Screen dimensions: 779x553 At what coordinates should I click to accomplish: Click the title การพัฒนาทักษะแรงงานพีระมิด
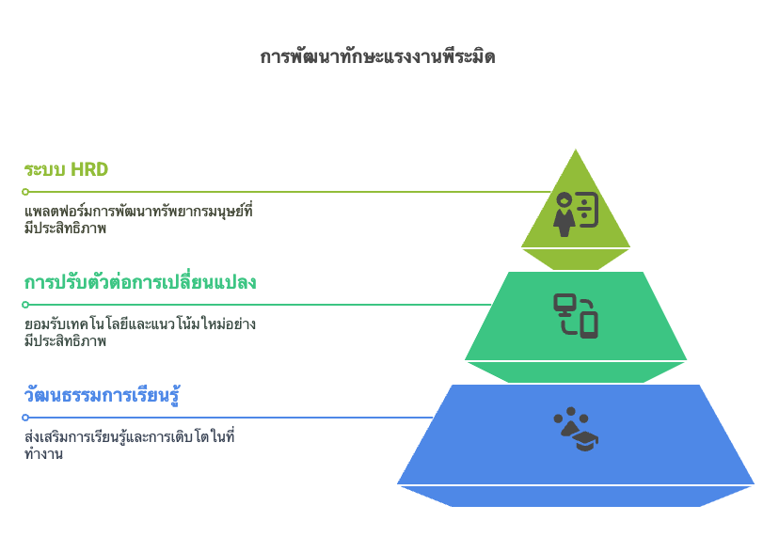pyautogui.click(x=377, y=56)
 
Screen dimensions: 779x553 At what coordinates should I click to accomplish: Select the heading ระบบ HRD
pyautogui.click(x=66, y=170)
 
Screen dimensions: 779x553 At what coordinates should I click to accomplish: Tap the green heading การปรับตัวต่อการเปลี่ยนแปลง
pyautogui.click(x=140, y=281)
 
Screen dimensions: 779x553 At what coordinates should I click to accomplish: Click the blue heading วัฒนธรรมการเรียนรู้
pyautogui.click(x=102, y=396)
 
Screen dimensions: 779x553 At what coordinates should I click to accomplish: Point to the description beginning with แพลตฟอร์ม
pyautogui.click(x=138, y=219)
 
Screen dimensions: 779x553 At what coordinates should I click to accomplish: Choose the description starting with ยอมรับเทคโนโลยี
pyautogui.click(x=140, y=332)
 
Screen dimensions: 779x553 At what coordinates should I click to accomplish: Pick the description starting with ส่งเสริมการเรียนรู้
pyautogui.click(x=129, y=445)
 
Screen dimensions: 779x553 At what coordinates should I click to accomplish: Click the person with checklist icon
pyautogui.click(x=576, y=213)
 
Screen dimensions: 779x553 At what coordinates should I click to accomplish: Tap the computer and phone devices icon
pyautogui.click(x=576, y=316)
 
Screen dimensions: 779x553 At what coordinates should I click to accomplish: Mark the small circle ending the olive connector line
pyautogui.click(x=25, y=192)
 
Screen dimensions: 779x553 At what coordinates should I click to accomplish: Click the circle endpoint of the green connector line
pyautogui.click(x=25, y=305)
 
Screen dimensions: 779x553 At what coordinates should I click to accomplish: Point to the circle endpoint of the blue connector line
pyautogui.click(x=25, y=418)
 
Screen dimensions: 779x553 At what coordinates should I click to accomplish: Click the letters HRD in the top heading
pyautogui.click(x=89, y=170)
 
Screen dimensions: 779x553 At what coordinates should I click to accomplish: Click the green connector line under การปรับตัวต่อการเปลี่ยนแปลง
pyautogui.click(x=260, y=305)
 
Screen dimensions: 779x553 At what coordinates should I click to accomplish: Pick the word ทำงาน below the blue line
pyautogui.click(x=43, y=453)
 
